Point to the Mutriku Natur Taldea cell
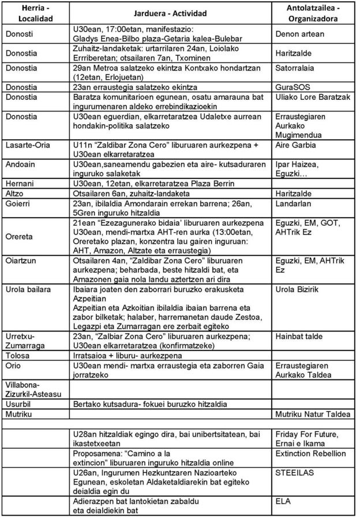tap(313, 414)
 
